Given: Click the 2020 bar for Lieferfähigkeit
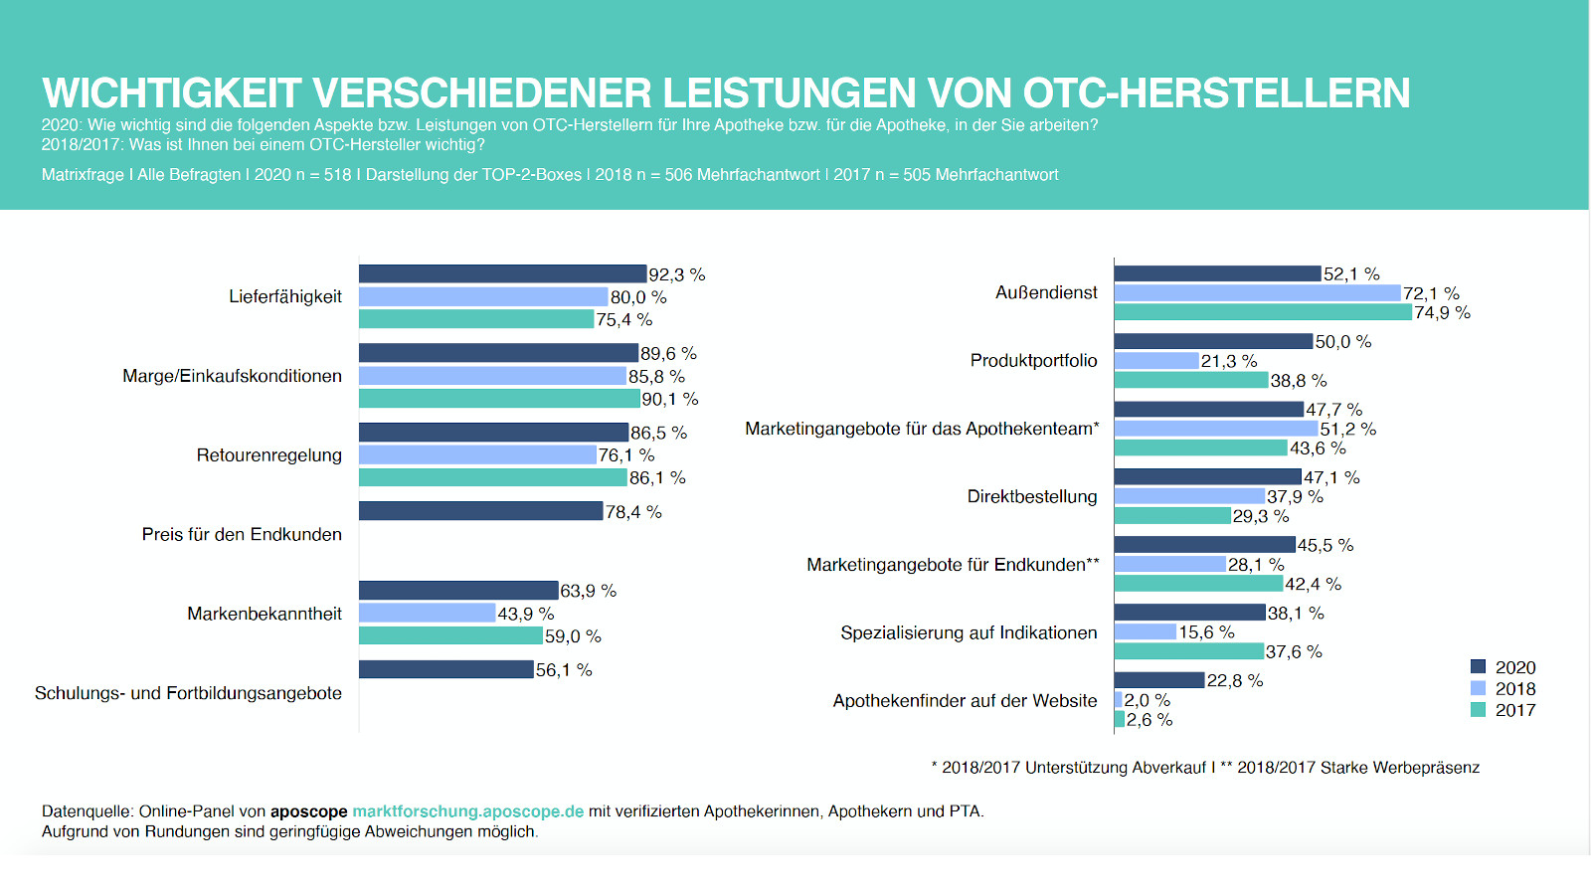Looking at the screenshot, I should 502,273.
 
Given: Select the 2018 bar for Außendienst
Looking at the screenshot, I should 1257,293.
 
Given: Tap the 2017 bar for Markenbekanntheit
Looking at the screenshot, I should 450,635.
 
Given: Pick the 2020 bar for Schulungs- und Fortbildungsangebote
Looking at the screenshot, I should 445,669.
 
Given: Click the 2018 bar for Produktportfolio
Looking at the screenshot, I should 1156,361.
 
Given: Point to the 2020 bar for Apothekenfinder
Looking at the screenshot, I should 1159,680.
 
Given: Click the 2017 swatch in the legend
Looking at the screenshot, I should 1478,710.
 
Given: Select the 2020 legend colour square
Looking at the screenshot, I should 1478,667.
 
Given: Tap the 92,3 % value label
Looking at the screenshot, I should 676,274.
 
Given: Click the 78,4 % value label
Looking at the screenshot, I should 633,512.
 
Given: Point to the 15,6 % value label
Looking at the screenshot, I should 1206,632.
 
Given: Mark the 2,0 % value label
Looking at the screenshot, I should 1148,700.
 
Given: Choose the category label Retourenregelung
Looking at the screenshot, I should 268,455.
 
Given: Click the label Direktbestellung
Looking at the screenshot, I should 1032,496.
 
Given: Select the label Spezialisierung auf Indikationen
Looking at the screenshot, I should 969,632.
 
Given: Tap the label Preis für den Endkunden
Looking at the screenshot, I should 242,534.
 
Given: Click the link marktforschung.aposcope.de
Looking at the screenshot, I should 467,811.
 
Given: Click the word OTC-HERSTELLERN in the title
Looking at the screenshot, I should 1216,93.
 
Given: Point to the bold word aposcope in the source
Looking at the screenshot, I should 308,811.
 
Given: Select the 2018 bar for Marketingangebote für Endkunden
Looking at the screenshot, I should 1169,564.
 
